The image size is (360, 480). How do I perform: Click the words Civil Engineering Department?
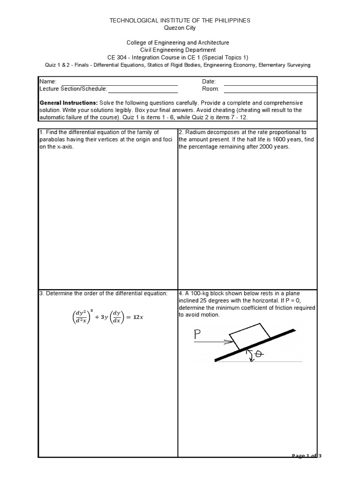click(x=180, y=50)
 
